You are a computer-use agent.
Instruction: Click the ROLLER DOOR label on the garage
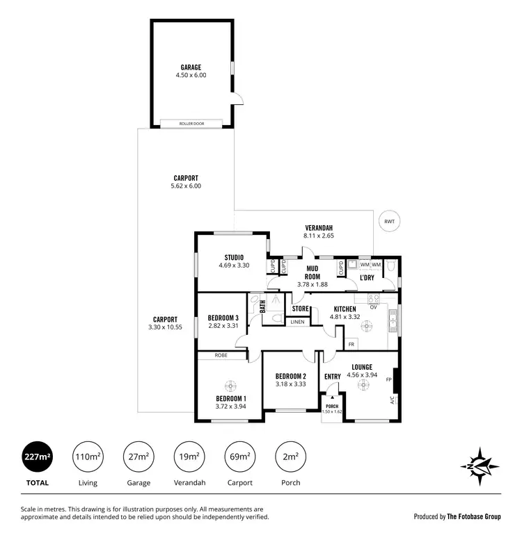coord(191,124)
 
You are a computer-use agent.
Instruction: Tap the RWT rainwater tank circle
coord(388,221)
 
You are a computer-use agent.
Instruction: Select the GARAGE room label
coord(191,67)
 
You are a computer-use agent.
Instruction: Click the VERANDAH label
coord(319,228)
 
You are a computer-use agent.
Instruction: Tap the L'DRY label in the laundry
coord(367,278)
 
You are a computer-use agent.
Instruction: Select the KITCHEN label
coord(345,309)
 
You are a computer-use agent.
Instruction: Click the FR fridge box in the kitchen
coord(351,344)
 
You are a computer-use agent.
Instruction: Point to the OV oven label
coord(373,306)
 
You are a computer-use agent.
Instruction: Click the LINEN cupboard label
coord(297,322)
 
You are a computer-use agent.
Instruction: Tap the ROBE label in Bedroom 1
coord(221,355)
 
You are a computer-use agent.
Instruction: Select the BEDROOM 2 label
coord(290,376)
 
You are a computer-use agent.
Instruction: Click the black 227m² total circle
coord(36,457)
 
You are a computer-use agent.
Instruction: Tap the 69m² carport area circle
coord(239,457)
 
